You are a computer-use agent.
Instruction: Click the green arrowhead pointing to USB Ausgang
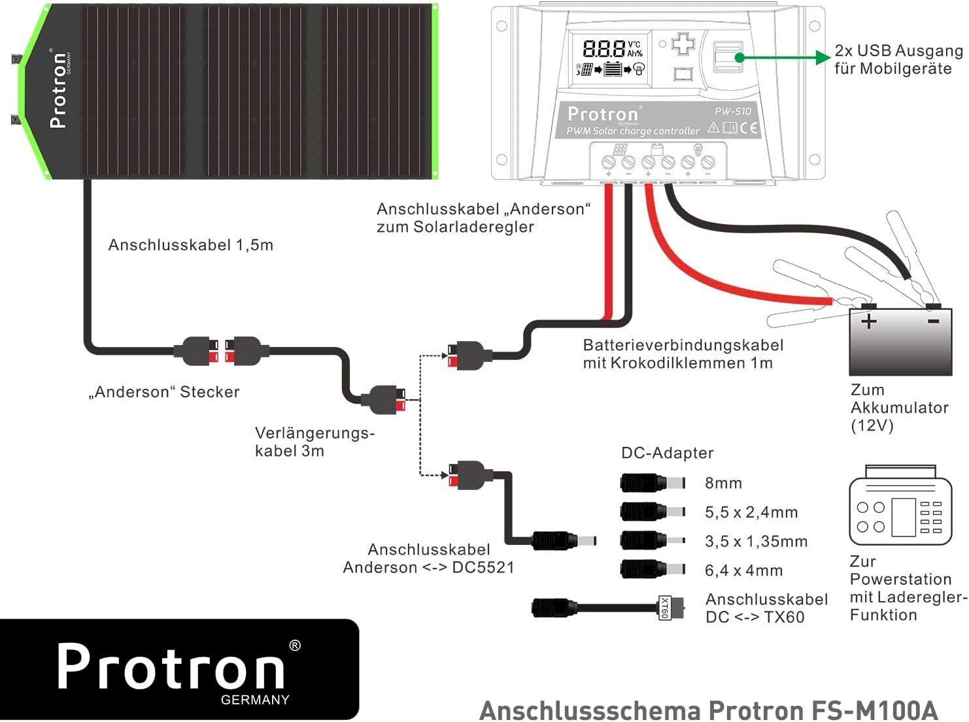pos(823,57)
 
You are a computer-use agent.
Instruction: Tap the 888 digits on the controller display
pos(604,48)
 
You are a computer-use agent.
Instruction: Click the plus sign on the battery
pos(868,321)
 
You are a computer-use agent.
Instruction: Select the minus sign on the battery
pos(933,321)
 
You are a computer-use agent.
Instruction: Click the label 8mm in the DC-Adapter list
pos(723,483)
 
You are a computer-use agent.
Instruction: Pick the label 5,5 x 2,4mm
pos(751,512)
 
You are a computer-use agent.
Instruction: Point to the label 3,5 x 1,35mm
pos(756,541)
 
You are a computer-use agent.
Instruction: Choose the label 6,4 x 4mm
pos(743,570)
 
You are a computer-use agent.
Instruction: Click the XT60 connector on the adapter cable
pos(671,608)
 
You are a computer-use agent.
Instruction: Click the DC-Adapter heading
pos(667,453)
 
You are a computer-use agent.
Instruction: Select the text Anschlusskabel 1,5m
pos(191,245)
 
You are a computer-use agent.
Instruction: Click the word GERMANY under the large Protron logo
pos(255,700)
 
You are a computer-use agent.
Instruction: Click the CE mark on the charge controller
pos(749,128)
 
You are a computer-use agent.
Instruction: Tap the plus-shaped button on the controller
pos(683,44)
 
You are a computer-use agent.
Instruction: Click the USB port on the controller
pos(728,56)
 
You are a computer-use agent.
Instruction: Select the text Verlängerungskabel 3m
pos(314,442)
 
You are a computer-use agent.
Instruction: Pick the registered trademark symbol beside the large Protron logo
pos(295,646)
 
